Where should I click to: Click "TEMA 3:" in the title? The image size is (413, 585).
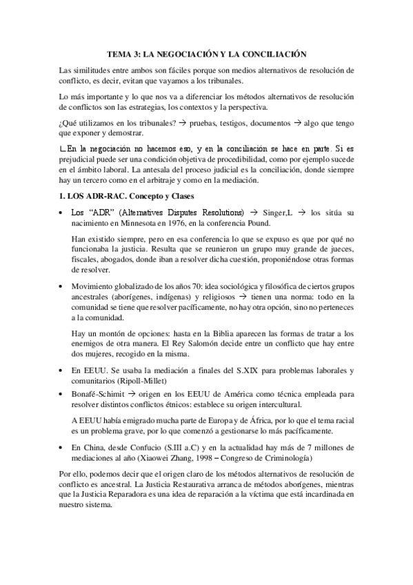pos(125,53)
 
